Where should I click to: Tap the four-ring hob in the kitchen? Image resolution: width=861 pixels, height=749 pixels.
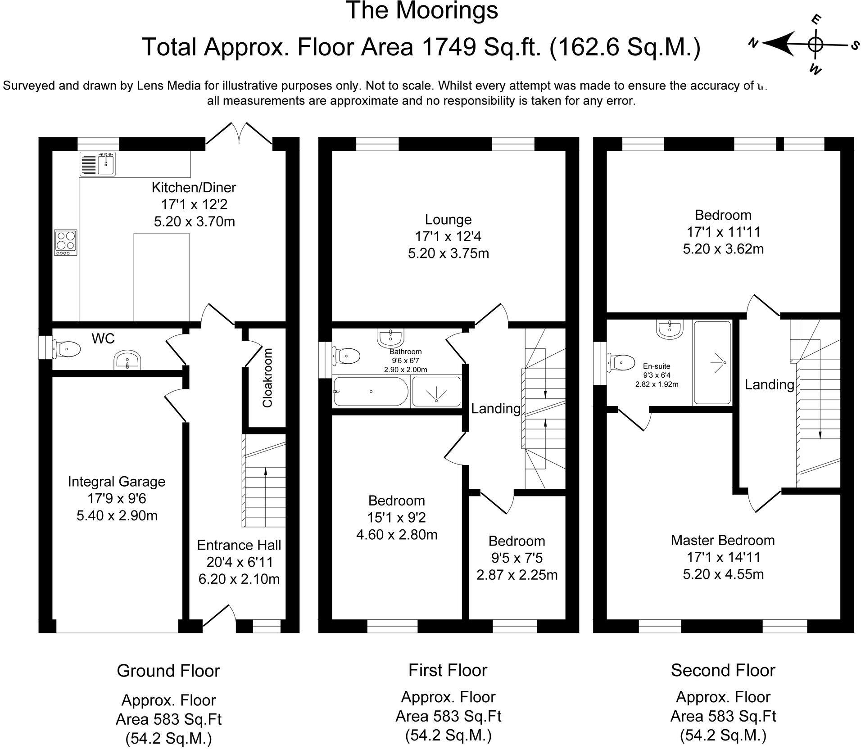(x=66, y=243)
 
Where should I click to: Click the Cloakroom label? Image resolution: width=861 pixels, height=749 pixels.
(x=267, y=378)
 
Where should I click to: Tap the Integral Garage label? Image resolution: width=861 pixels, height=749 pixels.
(x=117, y=482)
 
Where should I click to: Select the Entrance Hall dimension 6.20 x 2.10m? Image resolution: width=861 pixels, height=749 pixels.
(x=239, y=579)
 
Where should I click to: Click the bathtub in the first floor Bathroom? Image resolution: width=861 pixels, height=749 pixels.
(x=370, y=392)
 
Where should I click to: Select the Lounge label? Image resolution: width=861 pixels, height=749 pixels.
(x=448, y=220)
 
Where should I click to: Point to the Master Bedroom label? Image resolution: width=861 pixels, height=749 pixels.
(x=723, y=540)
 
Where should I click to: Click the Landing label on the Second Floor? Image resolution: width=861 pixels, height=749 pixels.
(x=769, y=384)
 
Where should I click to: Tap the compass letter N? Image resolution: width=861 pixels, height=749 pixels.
(x=753, y=43)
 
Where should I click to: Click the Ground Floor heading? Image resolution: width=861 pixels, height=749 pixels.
(x=168, y=671)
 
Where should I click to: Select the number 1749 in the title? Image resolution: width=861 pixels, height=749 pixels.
(x=443, y=47)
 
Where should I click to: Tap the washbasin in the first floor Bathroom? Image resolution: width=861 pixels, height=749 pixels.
(x=390, y=335)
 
